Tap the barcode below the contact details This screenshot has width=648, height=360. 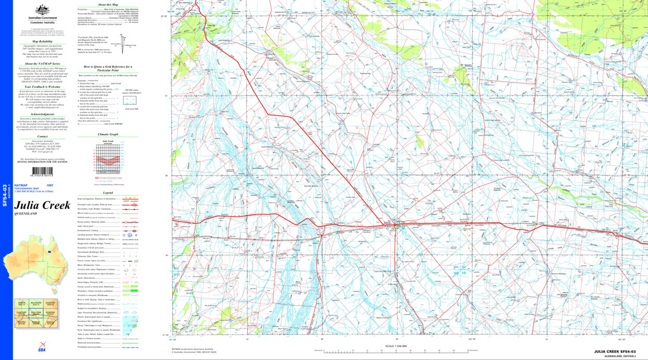coord(43,172)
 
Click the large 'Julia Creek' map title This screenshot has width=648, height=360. coord(42,205)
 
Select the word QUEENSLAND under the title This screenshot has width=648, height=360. coord(26,214)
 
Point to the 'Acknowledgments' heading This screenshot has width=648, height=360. coord(43,114)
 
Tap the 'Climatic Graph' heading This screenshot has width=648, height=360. coord(108,134)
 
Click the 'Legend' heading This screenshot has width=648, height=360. coord(108,192)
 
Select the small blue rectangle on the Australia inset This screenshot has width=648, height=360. coord(49,251)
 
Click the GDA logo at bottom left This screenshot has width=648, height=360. coord(41,350)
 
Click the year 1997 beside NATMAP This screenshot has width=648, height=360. coord(50,185)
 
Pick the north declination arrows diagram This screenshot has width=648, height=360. coord(124,40)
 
